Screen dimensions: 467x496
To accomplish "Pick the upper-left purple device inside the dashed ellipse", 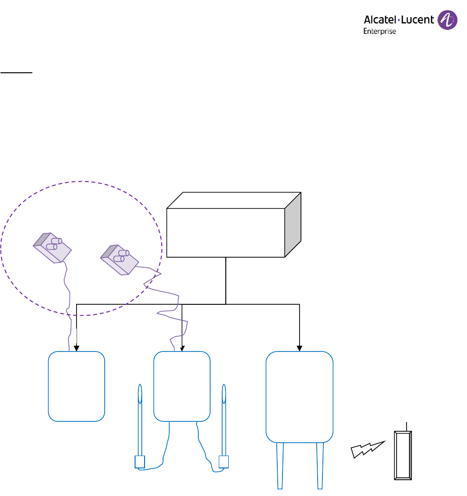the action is click(x=52, y=247).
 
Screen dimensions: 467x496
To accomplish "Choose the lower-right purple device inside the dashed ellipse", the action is click(x=119, y=259).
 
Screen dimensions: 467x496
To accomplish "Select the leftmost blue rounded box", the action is click(x=77, y=386).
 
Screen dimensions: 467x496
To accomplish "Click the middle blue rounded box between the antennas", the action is click(x=182, y=386).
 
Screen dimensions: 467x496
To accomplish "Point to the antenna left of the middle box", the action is click(x=140, y=418).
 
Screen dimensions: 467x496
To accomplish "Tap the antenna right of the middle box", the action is click(x=224, y=418).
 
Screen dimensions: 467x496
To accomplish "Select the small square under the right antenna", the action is click(x=224, y=462).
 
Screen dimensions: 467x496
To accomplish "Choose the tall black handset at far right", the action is click(x=402, y=456).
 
